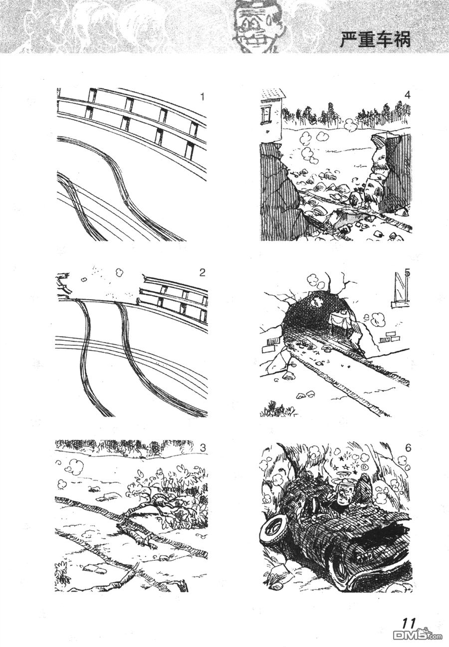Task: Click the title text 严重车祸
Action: coord(375,39)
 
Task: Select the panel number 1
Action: coord(202,96)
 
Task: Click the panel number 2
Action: coord(202,272)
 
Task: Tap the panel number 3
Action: coord(203,447)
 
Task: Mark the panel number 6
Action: coord(408,448)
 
